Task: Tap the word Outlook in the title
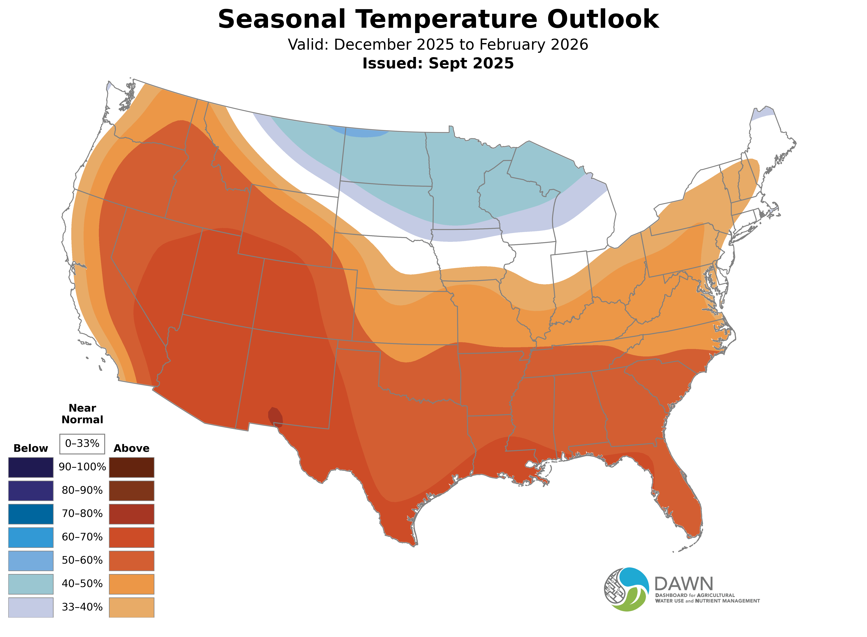coord(603,19)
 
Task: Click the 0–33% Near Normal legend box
coord(82,444)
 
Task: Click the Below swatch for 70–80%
coord(31,514)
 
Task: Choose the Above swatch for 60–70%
coord(132,538)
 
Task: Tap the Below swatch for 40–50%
coord(31,584)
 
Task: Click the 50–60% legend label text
coord(82,560)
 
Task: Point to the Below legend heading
coord(31,448)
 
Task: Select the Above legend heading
coord(132,448)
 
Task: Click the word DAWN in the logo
coord(683,584)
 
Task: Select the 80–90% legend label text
coord(82,490)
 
